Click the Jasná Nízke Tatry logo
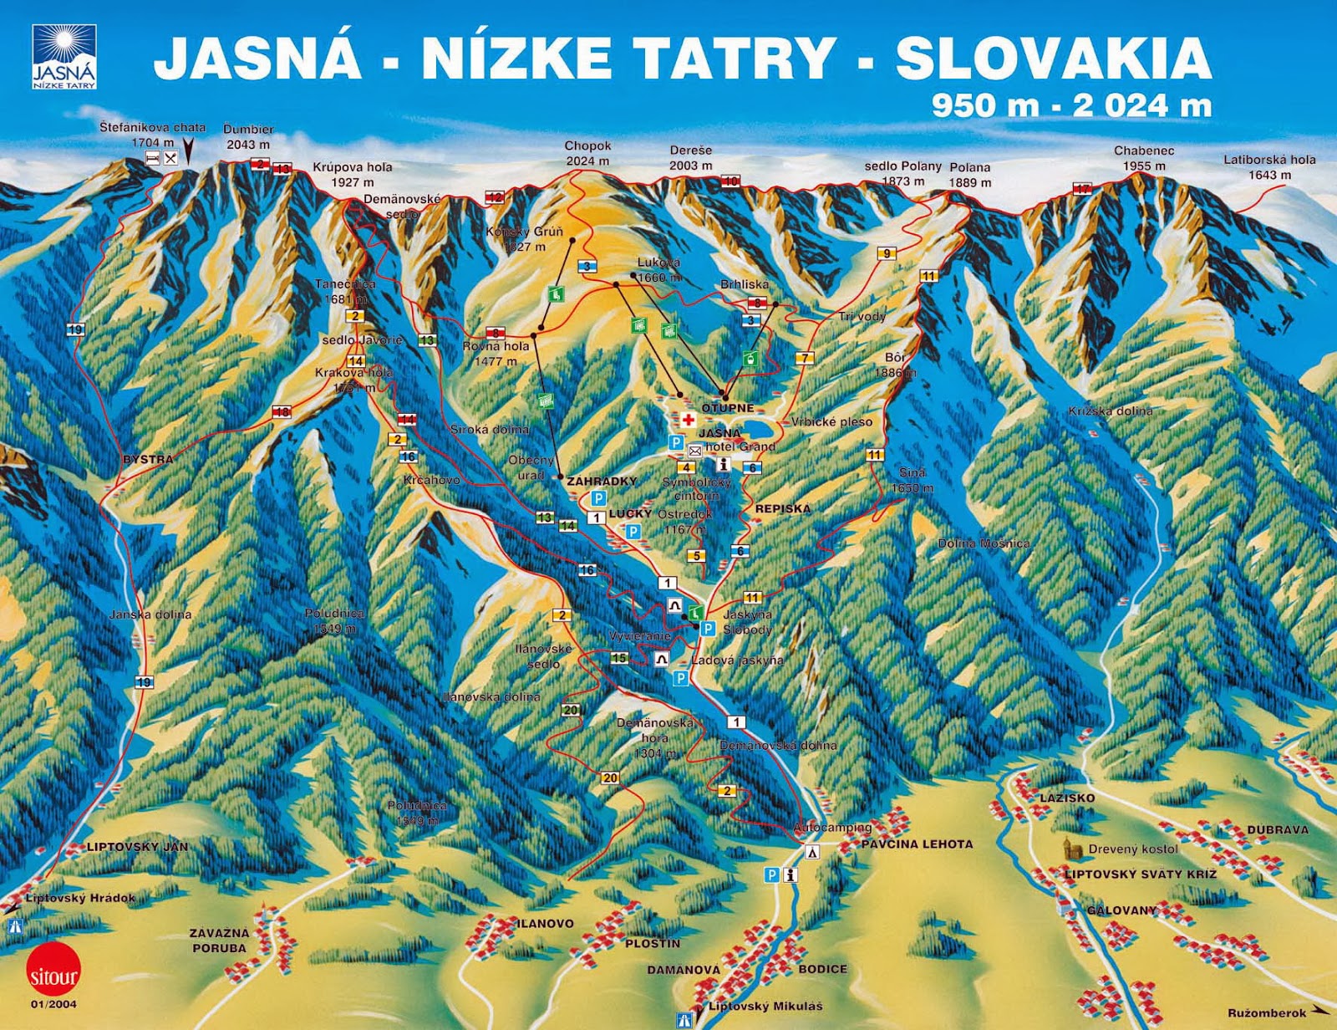(64, 57)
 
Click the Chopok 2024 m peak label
(587, 154)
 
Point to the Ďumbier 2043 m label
(248, 137)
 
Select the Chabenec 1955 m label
(1144, 158)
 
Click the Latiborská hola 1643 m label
(1269, 166)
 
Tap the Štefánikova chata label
(152, 135)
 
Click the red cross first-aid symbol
(689, 420)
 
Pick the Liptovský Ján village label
(137, 847)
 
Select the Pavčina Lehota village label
(917, 844)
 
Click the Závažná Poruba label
(219, 941)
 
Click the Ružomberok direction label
(1266, 1013)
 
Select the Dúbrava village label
(1278, 829)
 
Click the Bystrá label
(148, 459)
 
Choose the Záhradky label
(602, 481)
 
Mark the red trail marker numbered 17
(1083, 189)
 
